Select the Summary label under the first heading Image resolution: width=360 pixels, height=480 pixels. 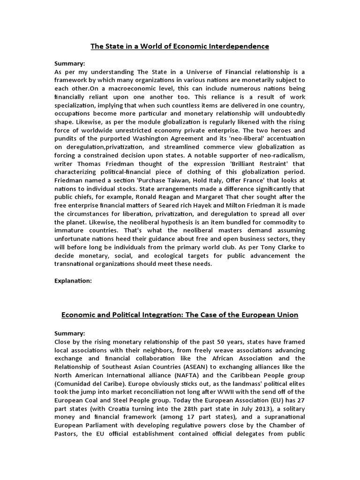70,63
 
